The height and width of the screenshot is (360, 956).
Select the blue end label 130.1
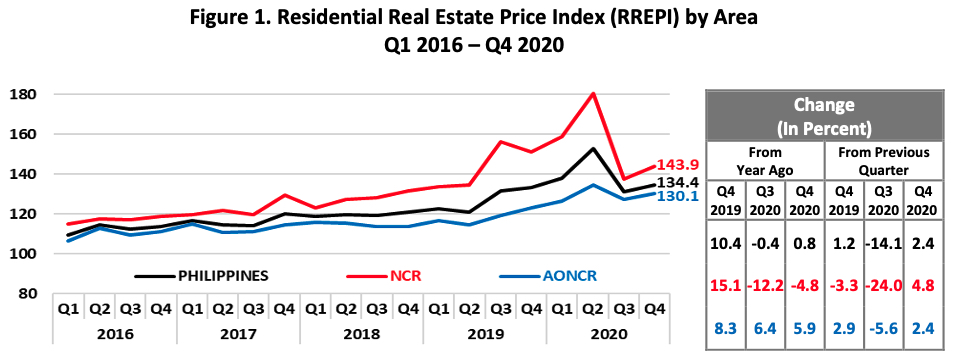coord(678,197)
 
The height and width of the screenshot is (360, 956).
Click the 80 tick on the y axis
coord(24,294)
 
